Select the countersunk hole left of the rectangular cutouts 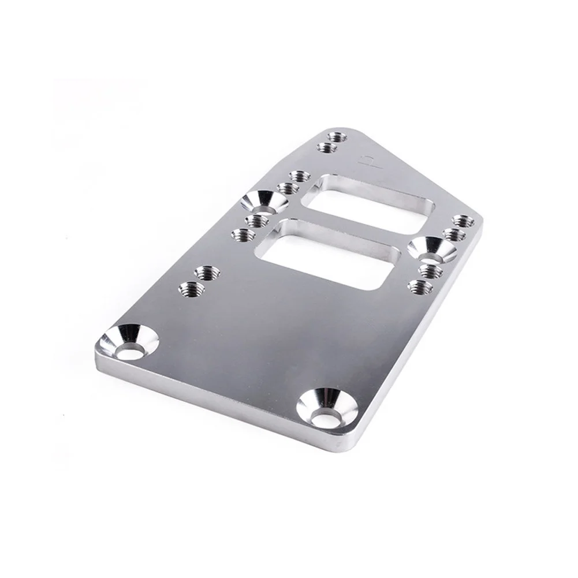click(264, 202)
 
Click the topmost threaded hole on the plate click(335, 138)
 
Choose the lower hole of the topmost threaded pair click(327, 148)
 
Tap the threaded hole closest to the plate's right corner click(463, 221)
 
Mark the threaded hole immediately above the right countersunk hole click(453, 234)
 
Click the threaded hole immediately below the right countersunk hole click(431, 270)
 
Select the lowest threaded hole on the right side click(420, 285)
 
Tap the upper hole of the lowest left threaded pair click(206, 272)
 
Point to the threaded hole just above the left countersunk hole click(287, 188)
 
